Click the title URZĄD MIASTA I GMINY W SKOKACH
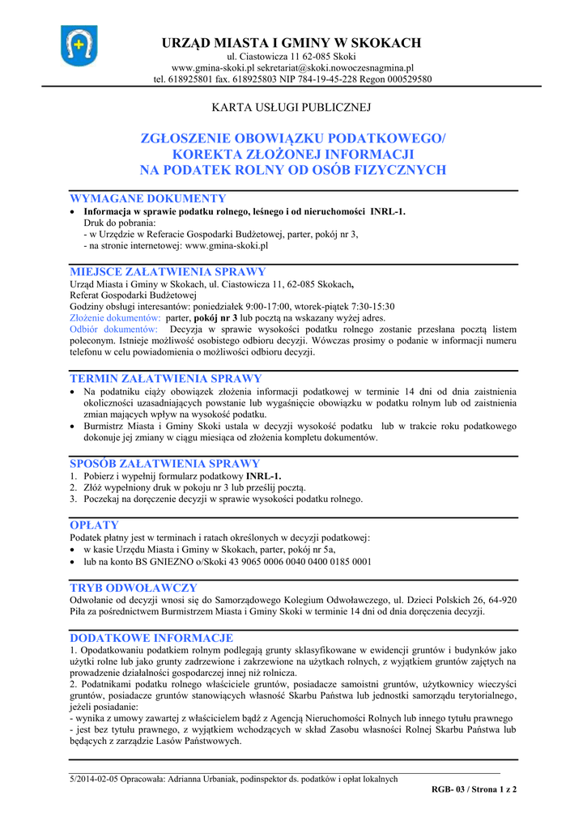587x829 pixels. click(x=292, y=42)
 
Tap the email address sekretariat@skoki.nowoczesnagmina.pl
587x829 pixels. click(x=337, y=68)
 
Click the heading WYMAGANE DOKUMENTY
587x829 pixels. click(x=148, y=198)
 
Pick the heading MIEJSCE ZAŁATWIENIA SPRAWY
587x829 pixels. click(x=168, y=272)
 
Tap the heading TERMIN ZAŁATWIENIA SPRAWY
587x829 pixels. click(x=166, y=379)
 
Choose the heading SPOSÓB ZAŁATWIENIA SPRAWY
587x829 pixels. click(x=165, y=464)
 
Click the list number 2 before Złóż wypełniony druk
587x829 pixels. click(x=73, y=488)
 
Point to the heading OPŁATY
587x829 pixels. click(x=94, y=525)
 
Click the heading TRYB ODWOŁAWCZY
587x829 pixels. click(x=134, y=588)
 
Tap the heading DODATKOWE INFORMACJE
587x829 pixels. click(x=151, y=638)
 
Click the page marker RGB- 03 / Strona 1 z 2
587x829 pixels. click(x=474, y=789)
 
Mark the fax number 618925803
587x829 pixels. click(x=248, y=79)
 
